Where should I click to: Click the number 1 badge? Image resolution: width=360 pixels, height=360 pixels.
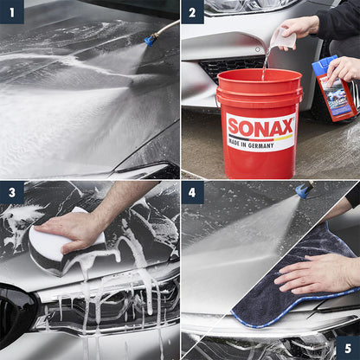[11, 11]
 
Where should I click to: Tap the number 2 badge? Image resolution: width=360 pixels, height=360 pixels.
[192, 11]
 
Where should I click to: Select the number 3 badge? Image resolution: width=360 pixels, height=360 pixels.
[11, 192]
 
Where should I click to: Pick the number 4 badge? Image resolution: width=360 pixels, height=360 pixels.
[192, 192]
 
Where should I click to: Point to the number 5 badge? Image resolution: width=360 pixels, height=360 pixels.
[348, 348]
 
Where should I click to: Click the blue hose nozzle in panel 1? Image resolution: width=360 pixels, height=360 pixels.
[151, 39]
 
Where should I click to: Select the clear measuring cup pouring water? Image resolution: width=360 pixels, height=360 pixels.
[281, 39]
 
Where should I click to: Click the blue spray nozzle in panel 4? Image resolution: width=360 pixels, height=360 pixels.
[304, 189]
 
